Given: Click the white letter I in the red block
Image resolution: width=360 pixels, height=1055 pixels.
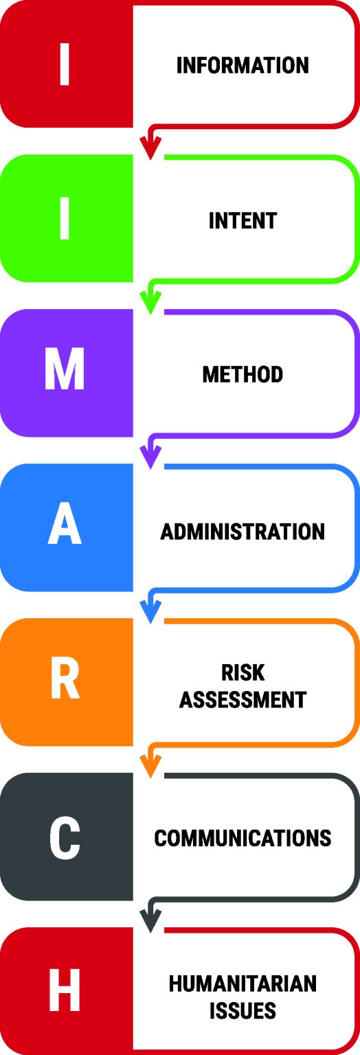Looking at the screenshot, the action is [65, 64].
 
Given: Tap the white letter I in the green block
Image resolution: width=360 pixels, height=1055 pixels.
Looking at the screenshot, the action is [65, 218].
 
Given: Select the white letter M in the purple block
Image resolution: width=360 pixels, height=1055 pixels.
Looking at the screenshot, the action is [65, 369].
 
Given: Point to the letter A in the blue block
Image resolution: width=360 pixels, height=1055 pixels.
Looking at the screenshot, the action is [65, 523].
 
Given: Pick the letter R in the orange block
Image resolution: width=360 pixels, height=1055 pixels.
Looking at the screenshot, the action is [65, 678].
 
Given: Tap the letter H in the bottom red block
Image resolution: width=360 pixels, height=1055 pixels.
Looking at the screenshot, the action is [65, 990].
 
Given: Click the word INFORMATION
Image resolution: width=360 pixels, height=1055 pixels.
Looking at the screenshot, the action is [243, 65].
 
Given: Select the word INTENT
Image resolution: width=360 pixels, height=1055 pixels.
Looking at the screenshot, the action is [243, 220].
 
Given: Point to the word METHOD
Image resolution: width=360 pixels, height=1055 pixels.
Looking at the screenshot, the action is [243, 374].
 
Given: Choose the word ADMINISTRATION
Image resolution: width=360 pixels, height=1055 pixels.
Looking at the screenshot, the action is [243, 532].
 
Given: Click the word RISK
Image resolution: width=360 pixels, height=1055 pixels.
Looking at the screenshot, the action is [243, 672].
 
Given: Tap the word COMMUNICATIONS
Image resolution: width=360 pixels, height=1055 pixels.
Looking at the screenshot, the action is [243, 839].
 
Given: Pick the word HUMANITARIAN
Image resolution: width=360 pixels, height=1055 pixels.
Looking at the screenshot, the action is [243, 984].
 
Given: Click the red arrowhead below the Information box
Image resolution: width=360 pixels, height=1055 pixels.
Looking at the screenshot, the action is [150, 148].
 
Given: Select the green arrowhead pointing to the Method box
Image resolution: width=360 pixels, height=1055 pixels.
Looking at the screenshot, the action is [150, 302].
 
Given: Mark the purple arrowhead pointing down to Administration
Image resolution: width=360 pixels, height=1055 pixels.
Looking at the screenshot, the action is [150, 457].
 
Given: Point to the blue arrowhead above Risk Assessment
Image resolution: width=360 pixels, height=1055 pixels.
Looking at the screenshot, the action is [150, 611].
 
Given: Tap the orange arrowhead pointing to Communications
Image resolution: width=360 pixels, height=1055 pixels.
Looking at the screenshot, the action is [150, 766].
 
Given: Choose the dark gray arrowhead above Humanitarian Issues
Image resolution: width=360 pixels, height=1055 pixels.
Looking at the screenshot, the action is [150, 920].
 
